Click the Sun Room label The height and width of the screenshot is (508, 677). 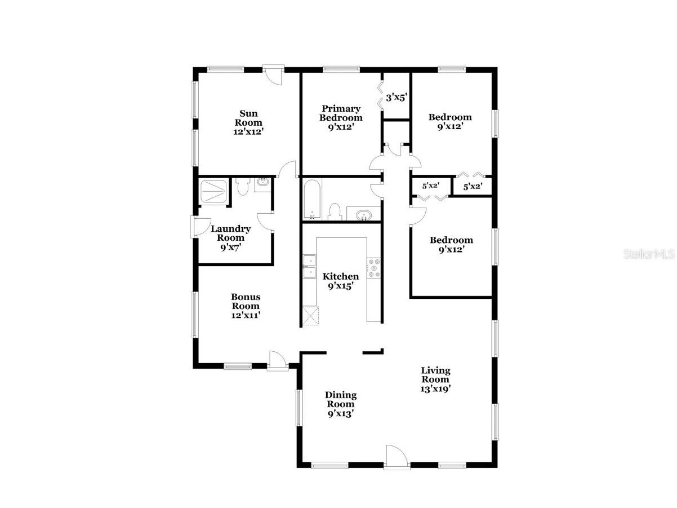[x=248, y=122]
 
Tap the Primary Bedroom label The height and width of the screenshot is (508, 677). [x=341, y=117]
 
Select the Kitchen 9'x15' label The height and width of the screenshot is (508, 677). [x=340, y=281]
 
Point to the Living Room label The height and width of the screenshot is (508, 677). [x=435, y=379]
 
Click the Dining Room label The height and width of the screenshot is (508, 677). [x=341, y=404]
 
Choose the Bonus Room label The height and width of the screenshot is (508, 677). [x=246, y=306]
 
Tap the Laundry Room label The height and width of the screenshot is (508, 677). [x=231, y=237]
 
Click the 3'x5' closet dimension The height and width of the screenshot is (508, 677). [x=397, y=98]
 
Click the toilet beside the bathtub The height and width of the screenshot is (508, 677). [x=335, y=211]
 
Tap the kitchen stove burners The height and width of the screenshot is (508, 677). [x=374, y=268]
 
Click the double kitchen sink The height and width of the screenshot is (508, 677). [x=309, y=267]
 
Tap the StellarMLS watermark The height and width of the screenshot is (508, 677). [x=648, y=254]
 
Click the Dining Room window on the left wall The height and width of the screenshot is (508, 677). [x=299, y=406]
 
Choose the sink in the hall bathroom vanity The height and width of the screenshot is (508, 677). [x=364, y=215]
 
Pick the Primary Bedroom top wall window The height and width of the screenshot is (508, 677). [x=341, y=69]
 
